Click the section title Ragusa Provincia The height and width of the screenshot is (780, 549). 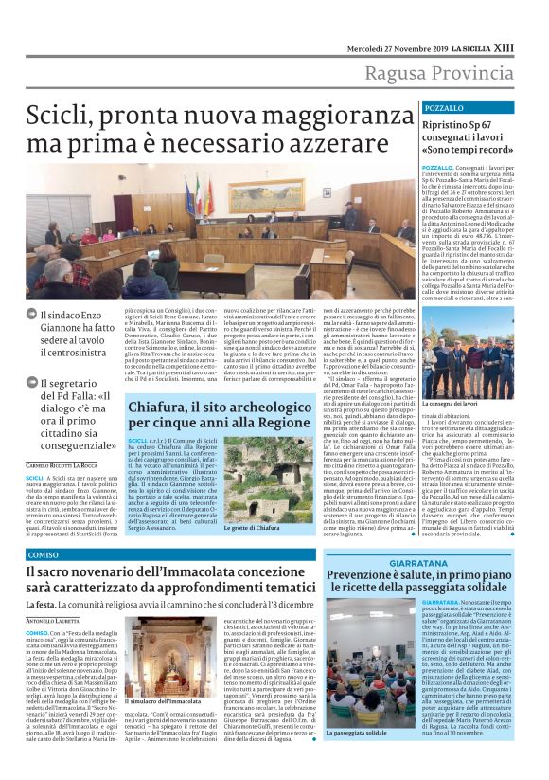click(454, 76)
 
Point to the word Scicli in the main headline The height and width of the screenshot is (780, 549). click(59, 118)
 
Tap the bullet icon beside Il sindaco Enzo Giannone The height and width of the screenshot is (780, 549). click(32, 314)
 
